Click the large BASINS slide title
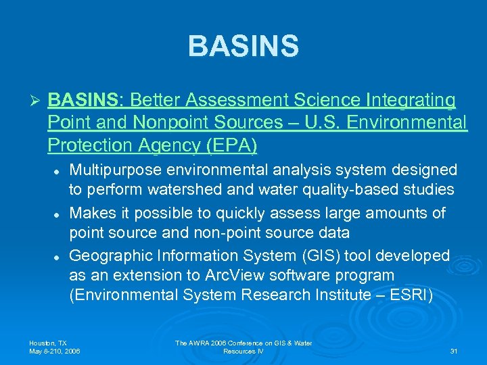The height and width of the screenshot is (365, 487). pos(243,47)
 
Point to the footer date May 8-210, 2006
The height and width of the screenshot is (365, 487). pos(55,351)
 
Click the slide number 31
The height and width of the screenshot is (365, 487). pos(453,351)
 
